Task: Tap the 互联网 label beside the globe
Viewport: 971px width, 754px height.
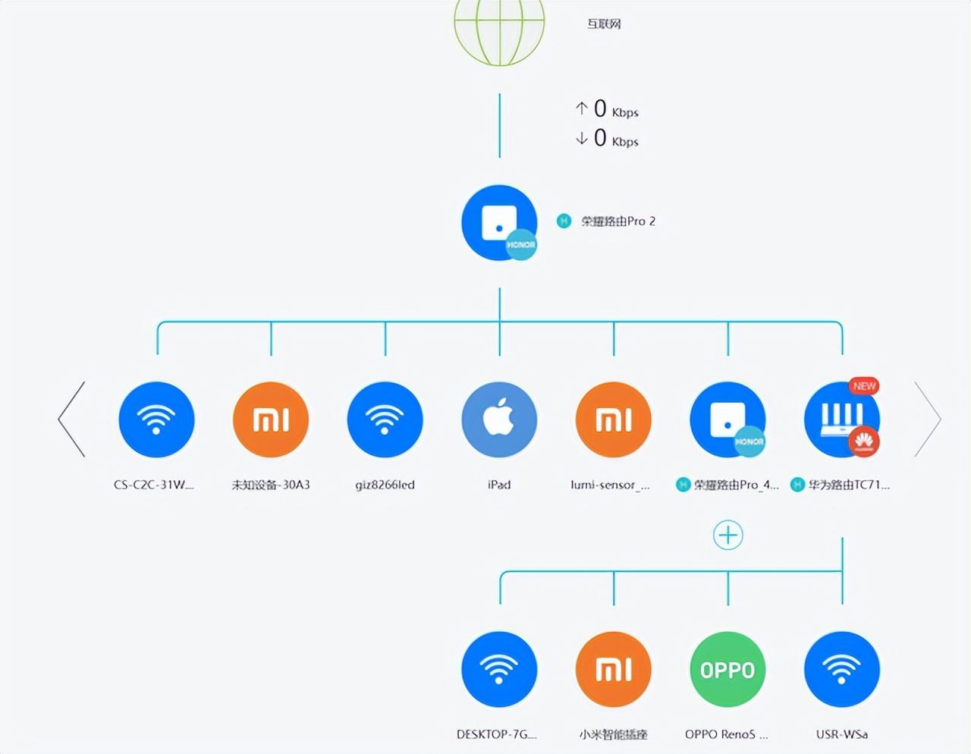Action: click(x=604, y=24)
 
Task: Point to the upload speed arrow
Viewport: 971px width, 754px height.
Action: click(x=581, y=108)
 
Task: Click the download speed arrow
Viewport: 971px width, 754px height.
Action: click(x=581, y=138)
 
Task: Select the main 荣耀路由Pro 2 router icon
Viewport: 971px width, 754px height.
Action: click(x=499, y=222)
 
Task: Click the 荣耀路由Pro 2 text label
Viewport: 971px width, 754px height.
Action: click(x=617, y=221)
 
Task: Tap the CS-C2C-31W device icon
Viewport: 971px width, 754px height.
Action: click(x=156, y=419)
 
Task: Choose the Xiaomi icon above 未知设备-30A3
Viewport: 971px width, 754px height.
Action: click(x=271, y=419)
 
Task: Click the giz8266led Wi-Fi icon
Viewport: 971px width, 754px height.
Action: click(x=385, y=419)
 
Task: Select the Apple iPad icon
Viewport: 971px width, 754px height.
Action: click(x=499, y=419)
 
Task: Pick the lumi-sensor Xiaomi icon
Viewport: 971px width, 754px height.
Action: click(x=613, y=419)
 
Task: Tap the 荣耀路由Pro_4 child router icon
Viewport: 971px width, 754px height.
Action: click(x=727, y=419)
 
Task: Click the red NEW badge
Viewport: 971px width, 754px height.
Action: click(x=864, y=386)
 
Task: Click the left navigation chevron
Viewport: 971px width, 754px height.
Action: click(x=72, y=419)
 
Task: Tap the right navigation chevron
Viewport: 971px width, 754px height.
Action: click(x=927, y=419)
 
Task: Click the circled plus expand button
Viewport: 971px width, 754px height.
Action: click(x=727, y=536)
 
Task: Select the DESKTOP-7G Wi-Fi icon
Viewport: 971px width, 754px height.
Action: click(x=499, y=669)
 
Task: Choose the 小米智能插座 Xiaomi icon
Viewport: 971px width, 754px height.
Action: click(x=613, y=669)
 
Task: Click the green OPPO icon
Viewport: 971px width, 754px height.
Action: click(x=727, y=669)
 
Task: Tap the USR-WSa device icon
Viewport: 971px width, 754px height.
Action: click(x=842, y=669)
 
